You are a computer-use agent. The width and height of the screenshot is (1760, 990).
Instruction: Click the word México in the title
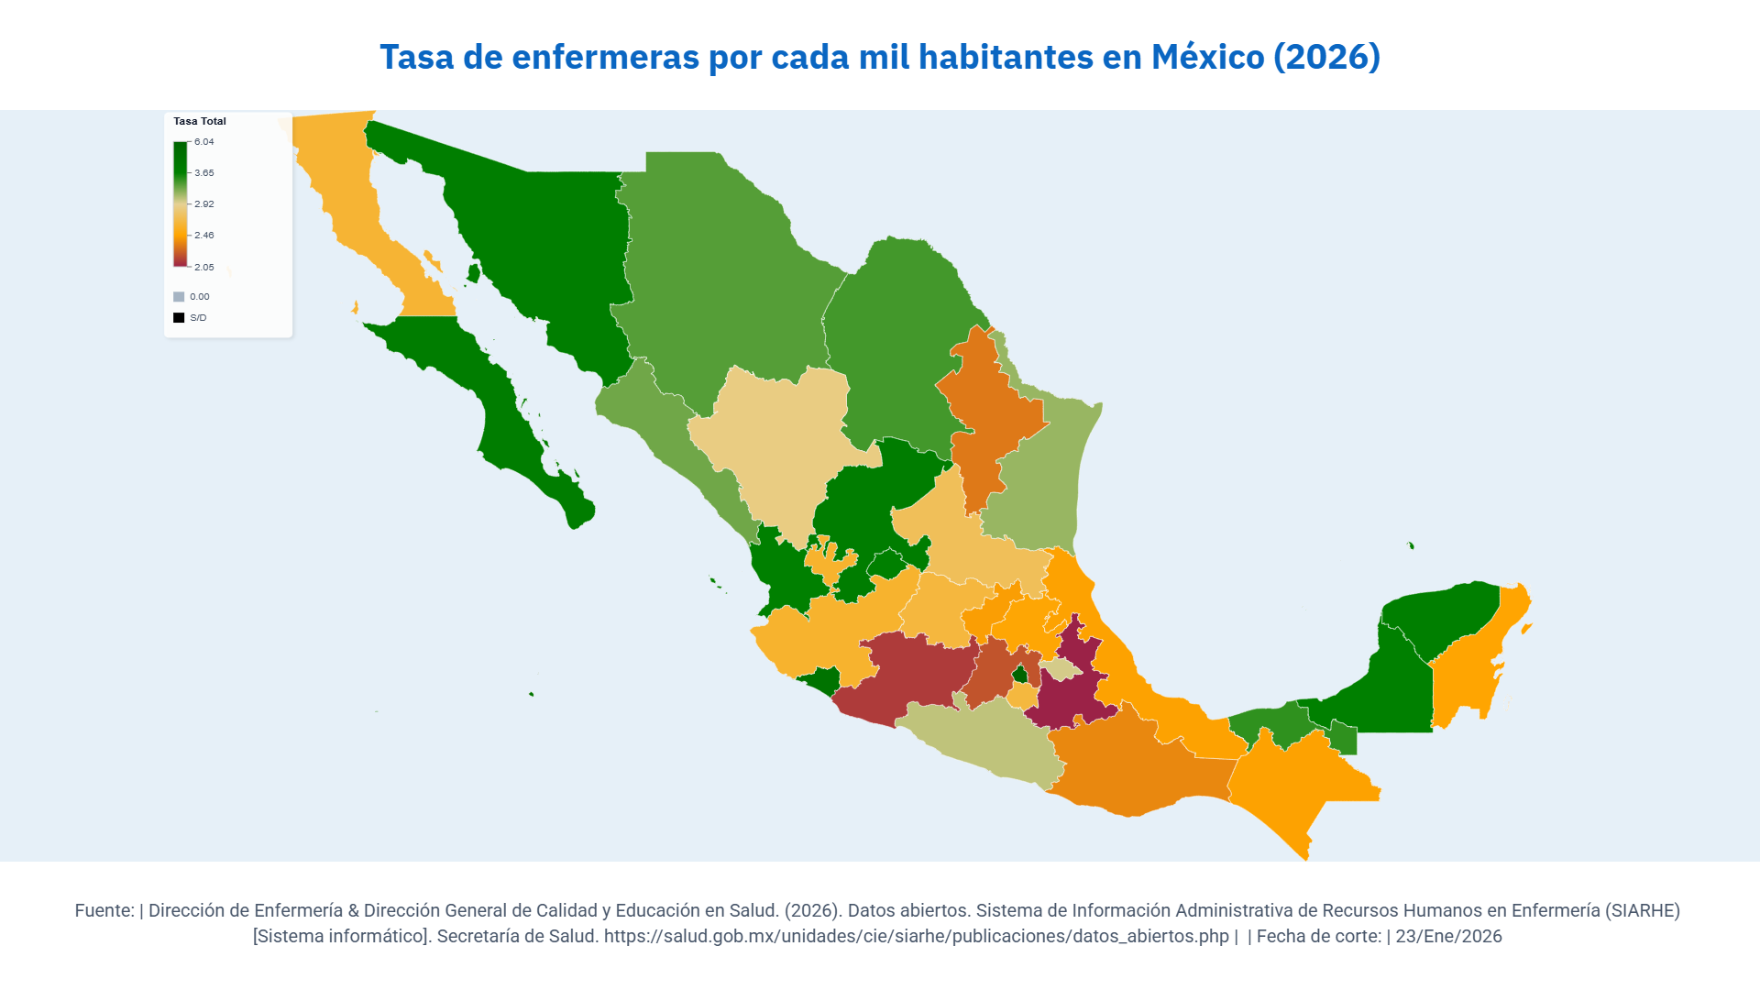pos(1207,57)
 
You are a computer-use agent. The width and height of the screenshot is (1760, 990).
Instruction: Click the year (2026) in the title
pos(1326,57)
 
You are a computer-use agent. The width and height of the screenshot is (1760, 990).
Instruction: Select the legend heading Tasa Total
pos(200,121)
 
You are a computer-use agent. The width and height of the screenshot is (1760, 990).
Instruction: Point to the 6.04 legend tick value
pos(204,142)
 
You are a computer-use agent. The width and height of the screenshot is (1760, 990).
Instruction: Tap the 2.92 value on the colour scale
pos(204,204)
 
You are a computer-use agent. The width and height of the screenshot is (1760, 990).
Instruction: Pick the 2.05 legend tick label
pos(204,268)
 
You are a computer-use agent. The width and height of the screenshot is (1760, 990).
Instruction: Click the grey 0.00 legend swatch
pos(179,297)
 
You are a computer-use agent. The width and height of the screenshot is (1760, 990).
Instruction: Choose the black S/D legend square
pos(179,318)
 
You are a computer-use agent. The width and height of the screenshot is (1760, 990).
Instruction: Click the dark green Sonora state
pos(541,247)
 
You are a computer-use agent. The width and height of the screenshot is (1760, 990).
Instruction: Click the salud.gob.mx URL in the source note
pos(916,936)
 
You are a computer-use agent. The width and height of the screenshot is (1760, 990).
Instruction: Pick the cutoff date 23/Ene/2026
pos(1448,936)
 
